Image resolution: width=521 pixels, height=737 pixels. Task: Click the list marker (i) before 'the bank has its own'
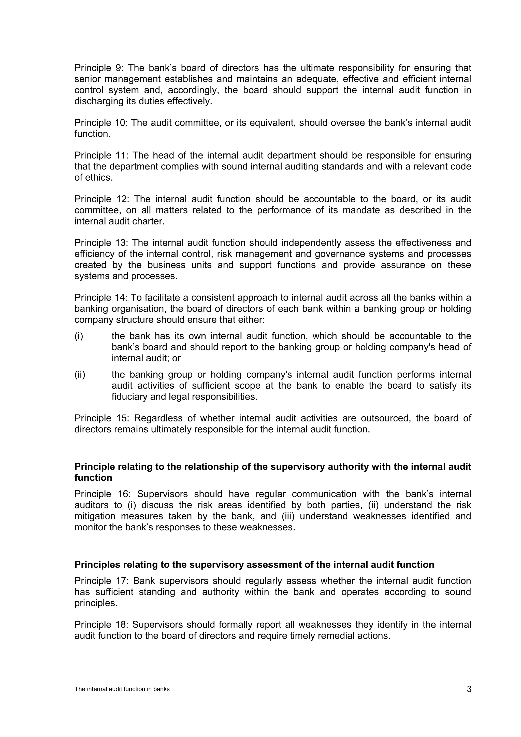click(x=79, y=336)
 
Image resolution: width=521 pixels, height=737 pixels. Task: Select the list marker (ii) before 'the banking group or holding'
click(x=80, y=375)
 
